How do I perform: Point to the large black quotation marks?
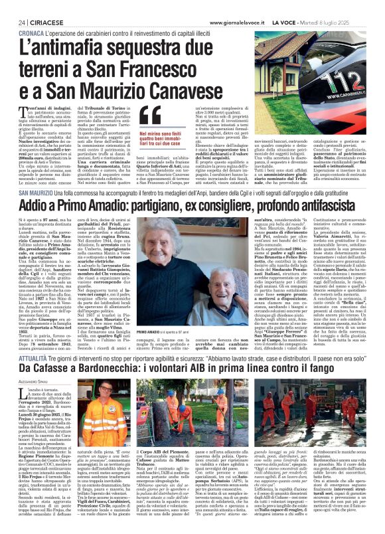[x=152, y=113]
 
